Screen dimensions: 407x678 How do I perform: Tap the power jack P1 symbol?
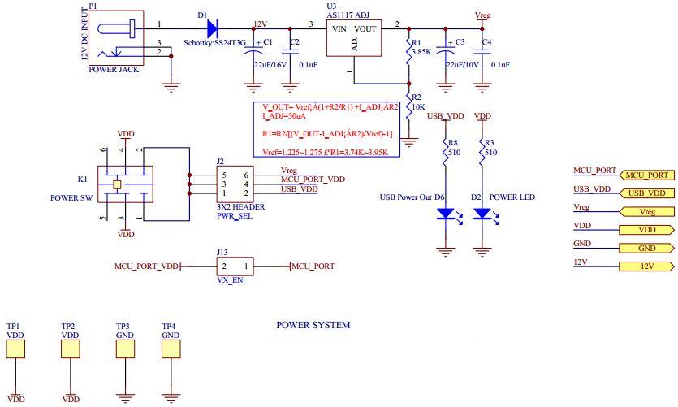point(115,39)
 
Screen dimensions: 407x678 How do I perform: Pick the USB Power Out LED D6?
point(445,214)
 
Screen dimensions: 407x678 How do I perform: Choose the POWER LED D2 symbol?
point(482,214)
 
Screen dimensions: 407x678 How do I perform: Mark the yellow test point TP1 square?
point(15,349)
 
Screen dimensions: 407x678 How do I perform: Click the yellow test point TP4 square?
point(171,349)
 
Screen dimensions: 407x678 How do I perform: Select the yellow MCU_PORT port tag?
point(646,175)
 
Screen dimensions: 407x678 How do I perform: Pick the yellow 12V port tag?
point(646,266)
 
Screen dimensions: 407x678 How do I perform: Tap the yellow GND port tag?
point(646,249)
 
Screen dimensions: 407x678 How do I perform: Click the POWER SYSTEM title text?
point(313,325)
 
